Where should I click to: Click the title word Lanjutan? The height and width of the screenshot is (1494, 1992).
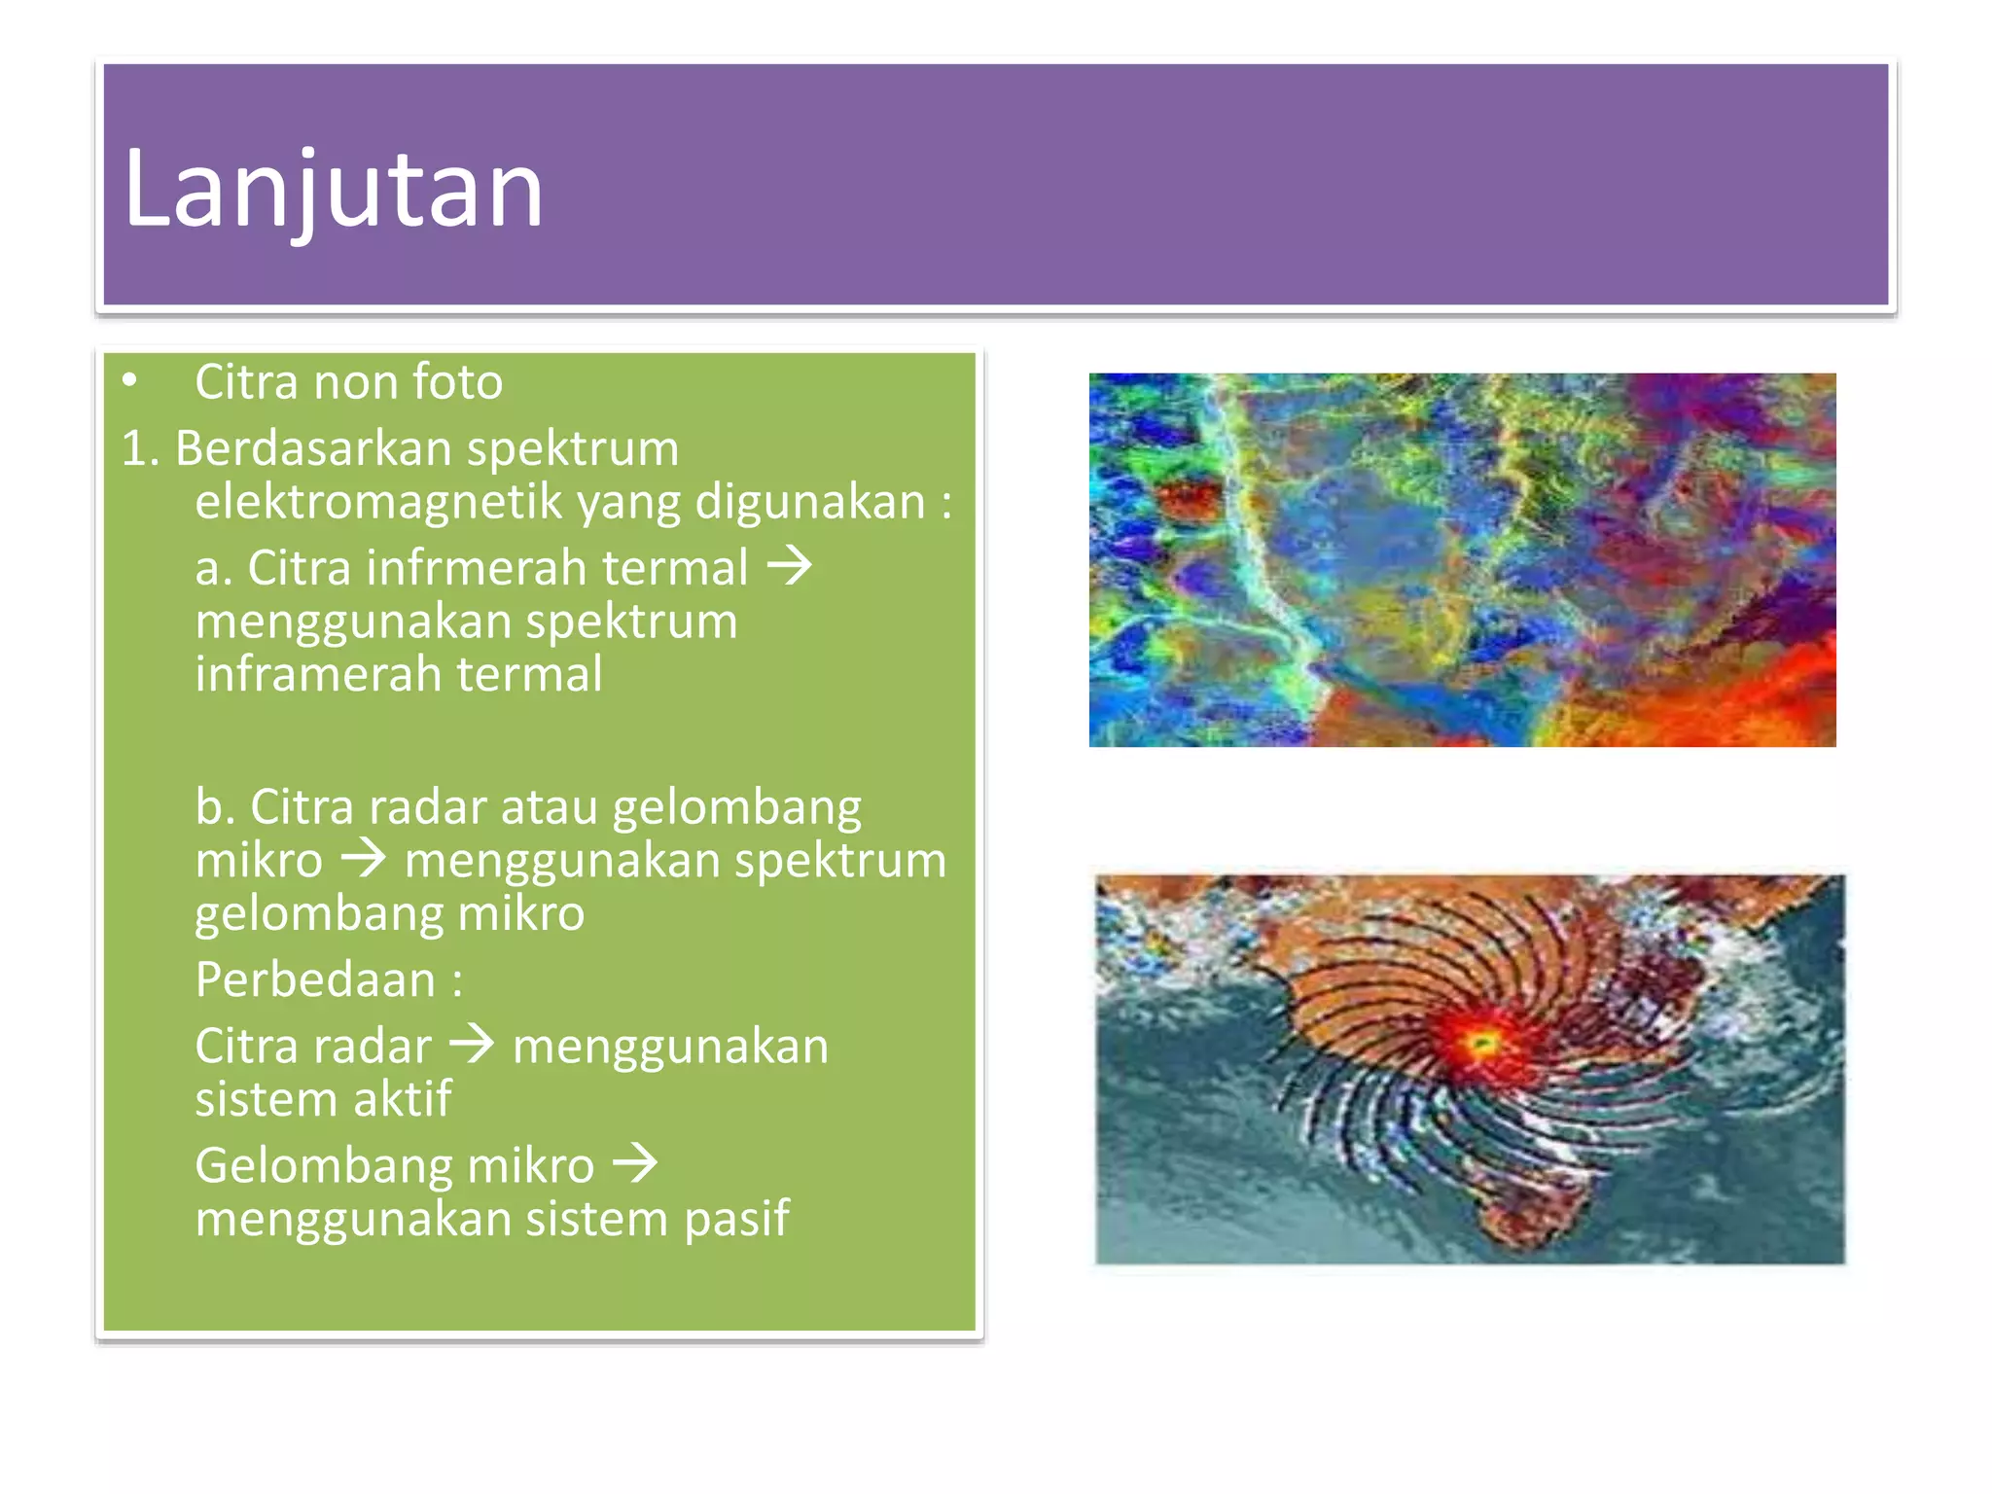coord(333,189)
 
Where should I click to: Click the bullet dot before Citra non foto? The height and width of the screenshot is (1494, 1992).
coord(130,380)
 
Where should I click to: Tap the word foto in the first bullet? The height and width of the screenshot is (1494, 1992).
coord(456,381)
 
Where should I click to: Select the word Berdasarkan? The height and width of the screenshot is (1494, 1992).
coord(313,448)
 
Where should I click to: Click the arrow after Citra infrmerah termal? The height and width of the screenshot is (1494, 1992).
coord(789,566)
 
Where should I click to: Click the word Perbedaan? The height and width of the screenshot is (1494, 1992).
coord(315,979)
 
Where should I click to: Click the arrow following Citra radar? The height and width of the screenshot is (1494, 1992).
coord(473,1047)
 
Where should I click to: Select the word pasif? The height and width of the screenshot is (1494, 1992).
coord(736,1219)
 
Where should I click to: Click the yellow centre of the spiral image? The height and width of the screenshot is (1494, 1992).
coord(1480,1044)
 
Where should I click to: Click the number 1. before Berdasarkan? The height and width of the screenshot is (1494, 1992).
coord(140,448)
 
